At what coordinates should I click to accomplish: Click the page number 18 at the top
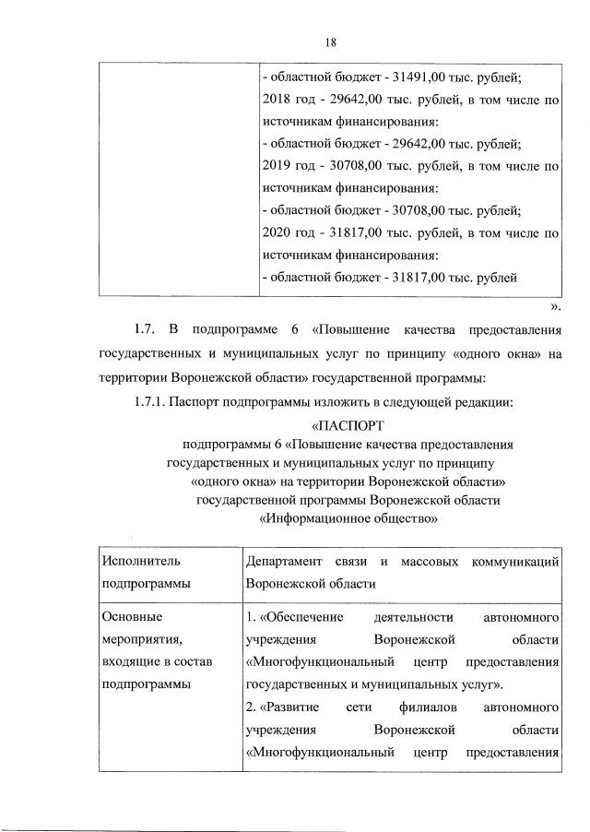(x=332, y=41)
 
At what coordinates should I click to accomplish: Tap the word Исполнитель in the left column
(x=136, y=561)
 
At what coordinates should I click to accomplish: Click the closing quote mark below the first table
(x=554, y=306)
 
